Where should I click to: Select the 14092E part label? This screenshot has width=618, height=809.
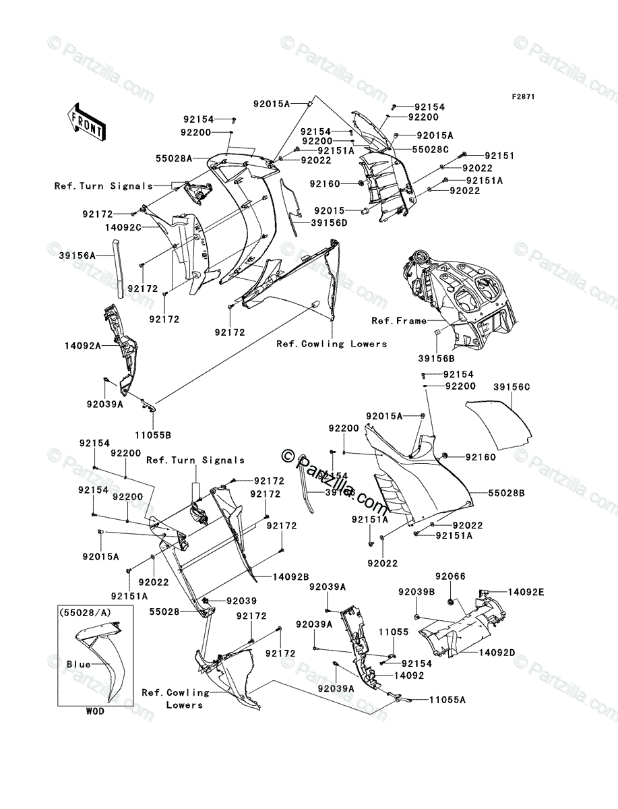pos(526,592)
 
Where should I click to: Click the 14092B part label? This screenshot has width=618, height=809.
pos(290,577)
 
